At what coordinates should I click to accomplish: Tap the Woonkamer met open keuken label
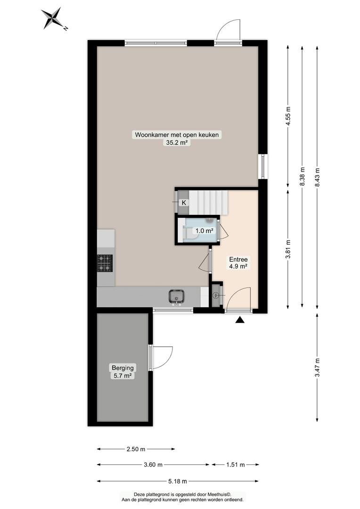point(177,134)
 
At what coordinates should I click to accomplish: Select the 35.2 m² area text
point(177,142)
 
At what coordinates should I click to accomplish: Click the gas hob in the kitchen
point(105,263)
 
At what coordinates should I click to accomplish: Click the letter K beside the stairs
point(184,203)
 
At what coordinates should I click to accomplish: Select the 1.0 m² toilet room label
point(204,231)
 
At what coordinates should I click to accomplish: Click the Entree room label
point(238,259)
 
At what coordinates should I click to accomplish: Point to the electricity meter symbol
point(215,296)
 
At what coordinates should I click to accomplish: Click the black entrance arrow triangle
point(240,320)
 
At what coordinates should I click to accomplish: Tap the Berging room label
point(123,368)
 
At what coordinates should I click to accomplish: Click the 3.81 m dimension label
point(288,249)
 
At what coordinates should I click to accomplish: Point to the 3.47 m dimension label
point(317,367)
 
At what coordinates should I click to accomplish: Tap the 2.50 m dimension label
point(136,449)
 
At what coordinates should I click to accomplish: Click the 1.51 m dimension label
point(235,465)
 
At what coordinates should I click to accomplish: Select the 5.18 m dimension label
point(178,481)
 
